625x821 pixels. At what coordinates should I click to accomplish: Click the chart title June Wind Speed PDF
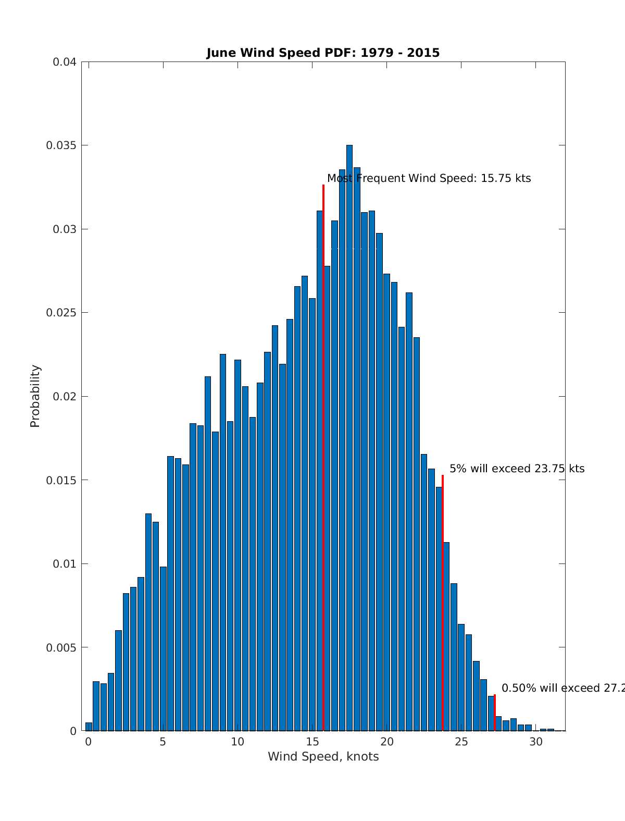[323, 53]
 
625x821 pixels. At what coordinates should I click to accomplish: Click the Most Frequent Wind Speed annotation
[429, 178]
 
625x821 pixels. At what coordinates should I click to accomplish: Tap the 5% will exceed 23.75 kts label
[517, 469]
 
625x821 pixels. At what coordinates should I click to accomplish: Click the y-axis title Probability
[35, 396]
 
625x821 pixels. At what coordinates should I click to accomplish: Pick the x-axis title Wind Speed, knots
[323, 756]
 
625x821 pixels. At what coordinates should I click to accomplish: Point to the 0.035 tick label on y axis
[61, 145]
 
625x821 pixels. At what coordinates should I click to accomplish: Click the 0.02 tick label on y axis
[65, 396]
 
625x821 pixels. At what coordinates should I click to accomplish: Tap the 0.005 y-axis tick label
[61, 647]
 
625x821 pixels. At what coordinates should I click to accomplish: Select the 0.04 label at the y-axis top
[65, 62]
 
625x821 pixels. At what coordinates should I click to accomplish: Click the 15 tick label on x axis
[312, 742]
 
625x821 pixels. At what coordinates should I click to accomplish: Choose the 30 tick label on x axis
[536, 742]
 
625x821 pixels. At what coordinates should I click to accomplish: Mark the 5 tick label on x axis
[163, 742]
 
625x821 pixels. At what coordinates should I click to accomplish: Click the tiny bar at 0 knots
[89, 727]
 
